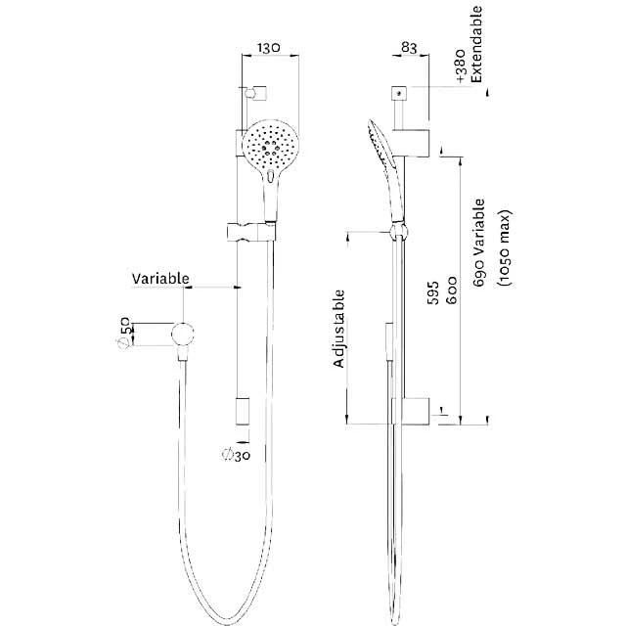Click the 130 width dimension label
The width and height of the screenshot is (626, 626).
(268, 48)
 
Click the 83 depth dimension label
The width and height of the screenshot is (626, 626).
(409, 48)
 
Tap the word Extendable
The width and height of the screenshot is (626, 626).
(476, 44)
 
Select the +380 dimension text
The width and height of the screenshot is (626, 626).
(461, 66)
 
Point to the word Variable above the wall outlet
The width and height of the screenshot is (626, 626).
(160, 278)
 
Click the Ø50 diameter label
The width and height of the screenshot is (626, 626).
(124, 333)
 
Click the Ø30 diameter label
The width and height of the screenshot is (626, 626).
(236, 455)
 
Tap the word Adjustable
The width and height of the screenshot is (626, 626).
(339, 329)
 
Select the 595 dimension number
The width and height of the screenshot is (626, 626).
(432, 293)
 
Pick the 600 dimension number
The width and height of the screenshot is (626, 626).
(451, 291)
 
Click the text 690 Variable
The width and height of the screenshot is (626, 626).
(478, 243)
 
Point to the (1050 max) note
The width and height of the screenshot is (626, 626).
(504, 247)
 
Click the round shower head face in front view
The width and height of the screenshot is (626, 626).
(272, 145)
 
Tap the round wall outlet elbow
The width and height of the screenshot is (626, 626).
(183, 334)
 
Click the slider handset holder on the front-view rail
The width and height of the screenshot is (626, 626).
(251, 232)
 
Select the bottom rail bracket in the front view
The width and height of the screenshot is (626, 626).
(243, 411)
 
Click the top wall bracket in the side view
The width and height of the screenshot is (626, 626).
(411, 143)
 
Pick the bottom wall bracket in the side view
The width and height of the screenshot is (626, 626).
(411, 411)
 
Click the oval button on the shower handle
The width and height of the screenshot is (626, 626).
(271, 176)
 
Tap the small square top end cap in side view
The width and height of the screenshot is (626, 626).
(399, 94)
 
